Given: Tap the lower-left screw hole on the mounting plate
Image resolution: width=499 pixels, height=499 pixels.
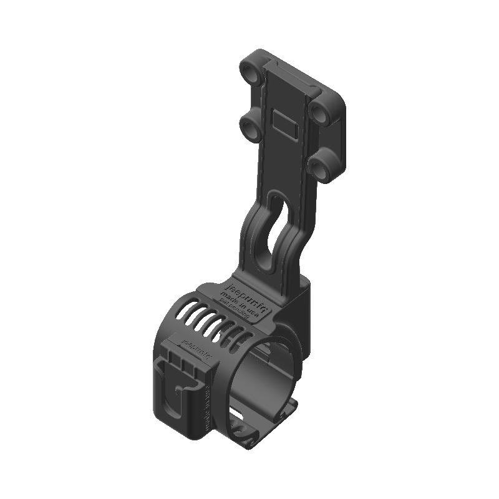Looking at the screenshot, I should click(251, 129).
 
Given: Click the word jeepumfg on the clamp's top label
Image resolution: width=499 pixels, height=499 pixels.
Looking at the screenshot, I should click(238, 291).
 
